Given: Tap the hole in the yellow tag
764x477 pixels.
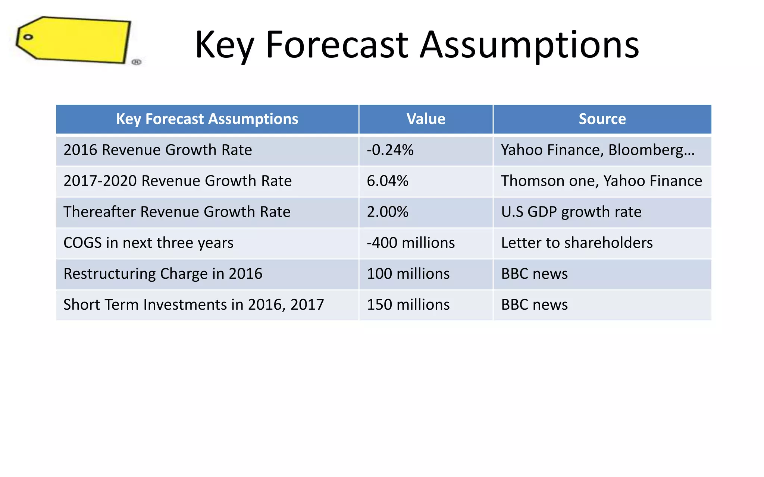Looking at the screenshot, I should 28,37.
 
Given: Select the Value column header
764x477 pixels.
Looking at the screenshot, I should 426,119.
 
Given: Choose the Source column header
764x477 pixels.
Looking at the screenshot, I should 602,119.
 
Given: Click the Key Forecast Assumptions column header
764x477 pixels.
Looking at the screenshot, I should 207,119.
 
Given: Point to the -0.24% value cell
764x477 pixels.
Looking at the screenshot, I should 390,150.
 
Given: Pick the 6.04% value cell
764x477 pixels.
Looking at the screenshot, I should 388,181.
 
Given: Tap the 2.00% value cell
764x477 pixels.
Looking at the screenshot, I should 388,212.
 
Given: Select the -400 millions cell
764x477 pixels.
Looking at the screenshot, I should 411,243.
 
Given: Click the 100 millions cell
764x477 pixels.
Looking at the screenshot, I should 408,274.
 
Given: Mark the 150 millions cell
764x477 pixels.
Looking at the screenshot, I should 408,304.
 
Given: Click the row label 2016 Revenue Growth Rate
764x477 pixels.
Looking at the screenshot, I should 158,150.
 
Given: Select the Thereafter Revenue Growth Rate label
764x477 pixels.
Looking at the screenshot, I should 177,212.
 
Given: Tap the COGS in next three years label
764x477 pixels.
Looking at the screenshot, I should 148,243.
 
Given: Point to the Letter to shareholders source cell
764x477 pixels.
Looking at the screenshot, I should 577,243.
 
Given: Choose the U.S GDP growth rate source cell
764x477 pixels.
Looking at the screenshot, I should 571,212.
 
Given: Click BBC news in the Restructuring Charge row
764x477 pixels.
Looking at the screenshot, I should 534,274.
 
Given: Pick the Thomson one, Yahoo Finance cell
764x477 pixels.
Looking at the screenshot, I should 601,181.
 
